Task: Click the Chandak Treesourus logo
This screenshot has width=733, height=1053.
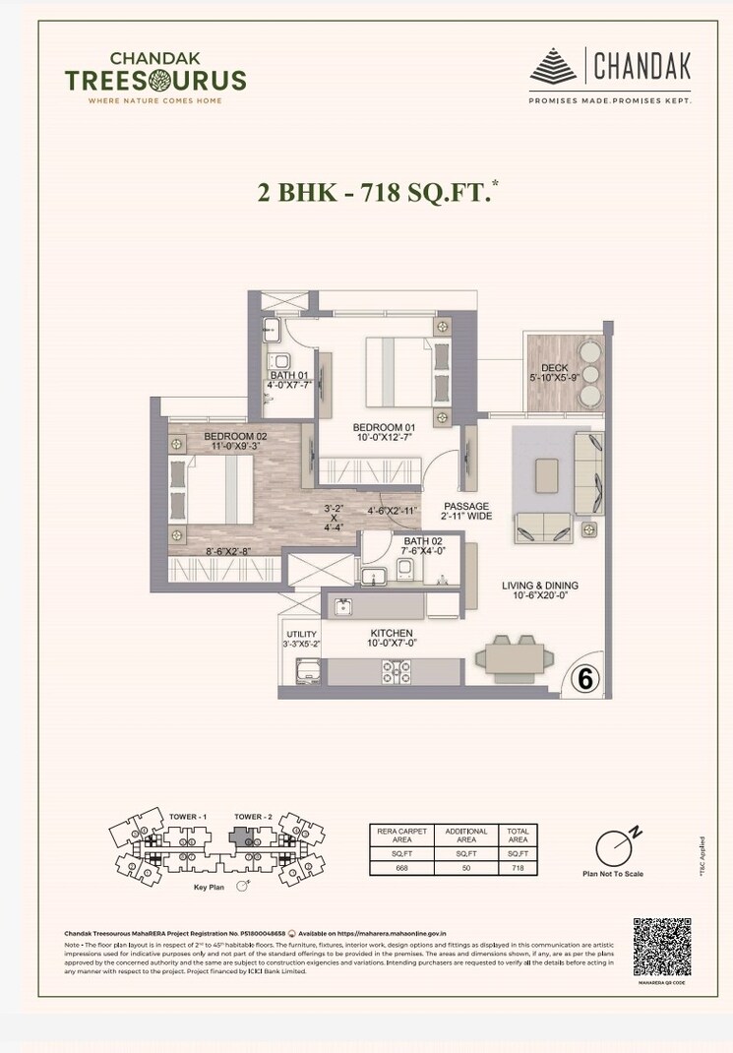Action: (154, 77)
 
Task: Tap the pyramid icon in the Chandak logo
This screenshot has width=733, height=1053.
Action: (554, 67)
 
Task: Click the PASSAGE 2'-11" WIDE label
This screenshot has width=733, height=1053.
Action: (465, 512)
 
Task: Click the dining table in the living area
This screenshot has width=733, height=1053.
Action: (509, 653)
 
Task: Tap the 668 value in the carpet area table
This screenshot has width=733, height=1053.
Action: (400, 868)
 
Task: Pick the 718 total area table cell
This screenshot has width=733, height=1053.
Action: (517, 868)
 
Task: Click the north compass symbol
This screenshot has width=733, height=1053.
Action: (615, 845)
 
